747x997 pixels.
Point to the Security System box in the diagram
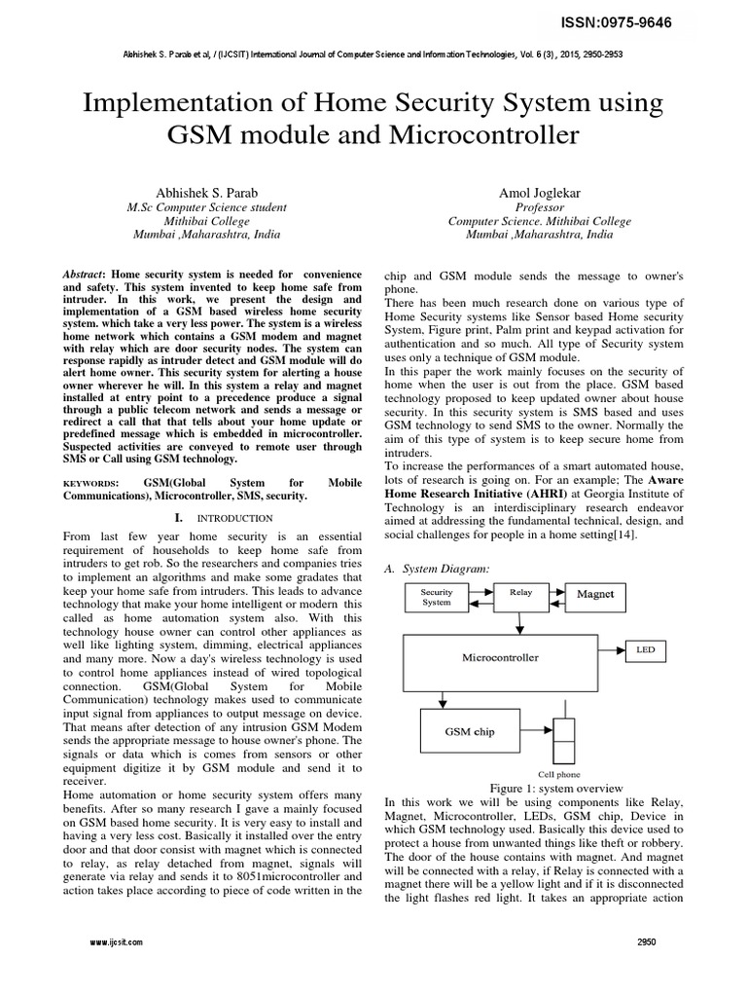tap(436, 597)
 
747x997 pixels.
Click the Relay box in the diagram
tap(520, 592)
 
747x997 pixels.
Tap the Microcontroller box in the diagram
tap(500, 657)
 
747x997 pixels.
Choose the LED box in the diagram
tap(645, 648)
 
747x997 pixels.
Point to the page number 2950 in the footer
tap(647, 942)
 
